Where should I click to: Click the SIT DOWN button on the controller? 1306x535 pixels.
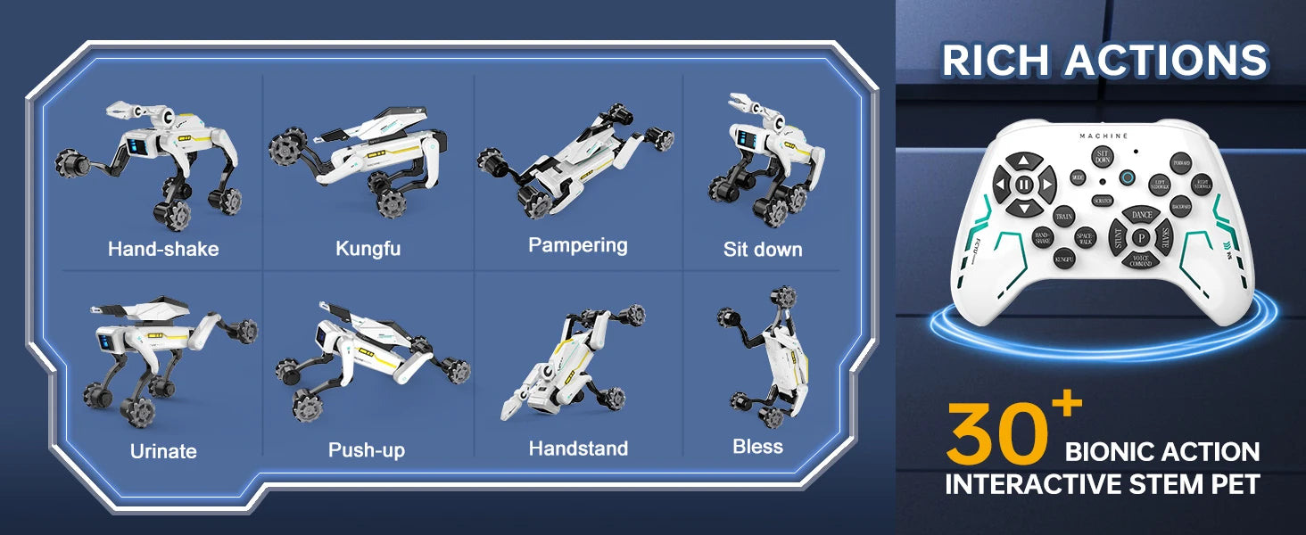[1103, 157]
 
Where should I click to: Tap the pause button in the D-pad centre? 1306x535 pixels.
[1024, 185]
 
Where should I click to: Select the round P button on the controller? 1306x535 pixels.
[1141, 238]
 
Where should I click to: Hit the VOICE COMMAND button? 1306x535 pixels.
[1141, 261]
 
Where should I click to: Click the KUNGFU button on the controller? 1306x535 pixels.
[1063, 259]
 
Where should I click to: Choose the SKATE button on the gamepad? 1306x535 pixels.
[1165, 237]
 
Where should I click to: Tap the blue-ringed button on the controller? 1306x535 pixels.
[1128, 177]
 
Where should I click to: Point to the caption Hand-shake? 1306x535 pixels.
[163, 249]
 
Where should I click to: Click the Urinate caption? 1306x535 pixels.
[163, 451]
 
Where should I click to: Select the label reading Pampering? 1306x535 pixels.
[578, 245]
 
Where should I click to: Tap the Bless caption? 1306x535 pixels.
[757, 447]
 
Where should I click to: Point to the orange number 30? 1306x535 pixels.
[997, 434]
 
